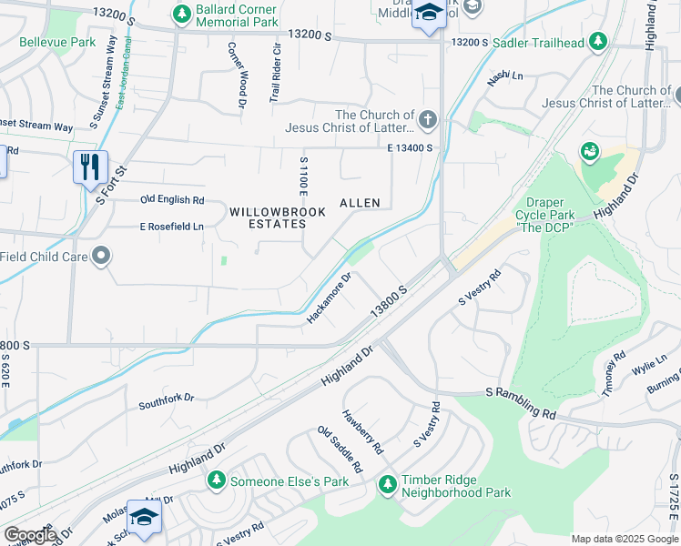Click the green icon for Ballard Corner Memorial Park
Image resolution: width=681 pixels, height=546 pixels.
pyautogui.click(x=179, y=15)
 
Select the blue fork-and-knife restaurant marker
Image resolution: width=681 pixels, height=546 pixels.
pyautogui.click(x=90, y=167)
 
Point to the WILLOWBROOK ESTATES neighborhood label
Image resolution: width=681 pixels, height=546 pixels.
pyautogui.click(x=268, y=217)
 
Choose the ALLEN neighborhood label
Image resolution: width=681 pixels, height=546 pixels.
pyautogui.click(x=360, y=202)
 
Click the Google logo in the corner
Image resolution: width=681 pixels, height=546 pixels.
pyautogui.click(x=29, y=534)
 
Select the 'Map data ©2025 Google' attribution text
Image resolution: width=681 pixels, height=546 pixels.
pyautogui.click(x=624, y=539)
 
